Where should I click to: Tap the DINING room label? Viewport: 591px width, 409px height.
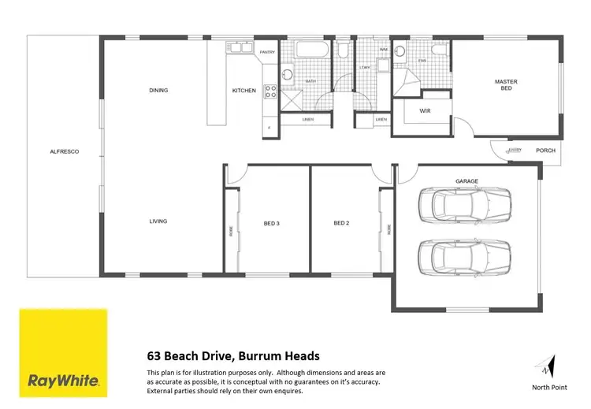(x=158, y=91)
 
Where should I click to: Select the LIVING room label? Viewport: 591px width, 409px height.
(x=158, y=221)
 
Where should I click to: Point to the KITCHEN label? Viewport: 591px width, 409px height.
(x=243, y=91)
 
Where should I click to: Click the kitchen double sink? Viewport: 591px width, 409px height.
(x=238, y=50)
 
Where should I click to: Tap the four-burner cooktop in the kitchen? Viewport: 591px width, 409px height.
(x=269, y=91)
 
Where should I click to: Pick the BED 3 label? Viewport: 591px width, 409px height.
(x=272, y=223)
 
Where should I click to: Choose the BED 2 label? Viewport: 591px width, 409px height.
(x=341, y=223)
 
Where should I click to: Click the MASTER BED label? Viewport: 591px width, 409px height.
(x=505, y=84)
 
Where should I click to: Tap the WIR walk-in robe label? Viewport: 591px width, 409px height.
(x=426, y=111)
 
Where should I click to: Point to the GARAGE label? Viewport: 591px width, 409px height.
(x=466, y=182)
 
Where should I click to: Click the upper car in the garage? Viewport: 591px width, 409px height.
(x=467, y=206)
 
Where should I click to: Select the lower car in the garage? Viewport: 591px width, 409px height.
(x=467, y=255)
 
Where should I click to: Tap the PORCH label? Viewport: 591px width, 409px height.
(x=545, y=151)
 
